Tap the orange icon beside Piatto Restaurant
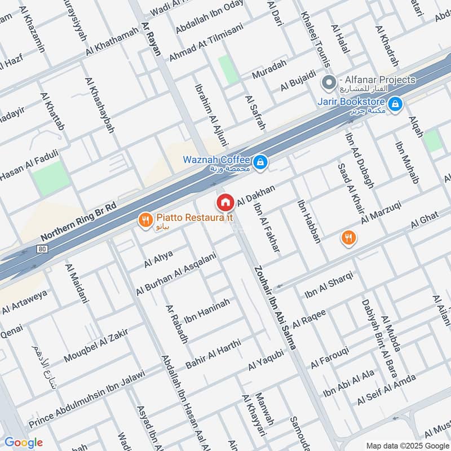(x=146, y=220)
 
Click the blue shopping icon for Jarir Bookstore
(x=396, y=104)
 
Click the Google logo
(x=23, y=443)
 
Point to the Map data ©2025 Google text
(x=406, y=444)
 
